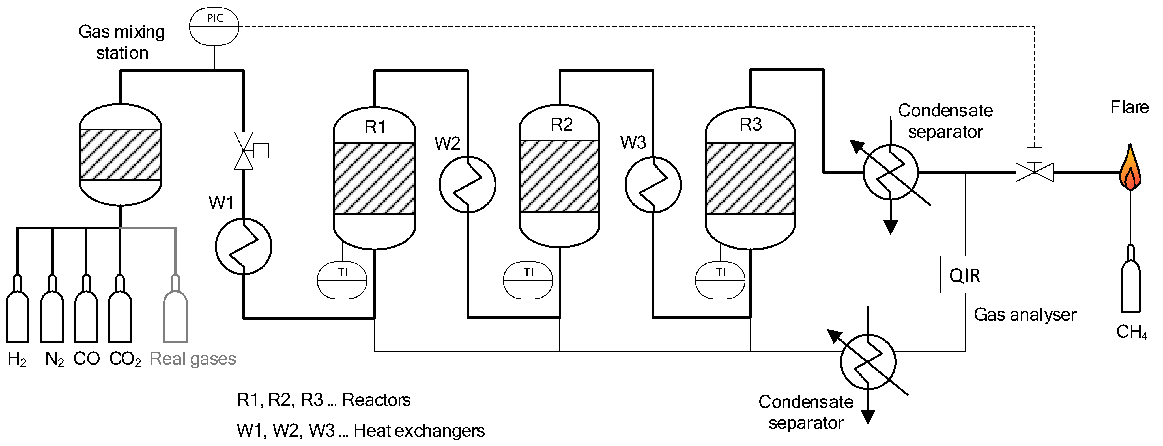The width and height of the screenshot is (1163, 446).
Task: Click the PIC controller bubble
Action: click(214, 27)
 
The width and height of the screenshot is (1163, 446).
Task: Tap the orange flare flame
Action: click(1130, 169)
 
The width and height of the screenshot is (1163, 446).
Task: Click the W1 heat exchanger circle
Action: click(243, 246)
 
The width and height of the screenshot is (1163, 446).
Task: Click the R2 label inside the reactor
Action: click(561, 124)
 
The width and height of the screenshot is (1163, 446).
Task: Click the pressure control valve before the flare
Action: click(1034, 172)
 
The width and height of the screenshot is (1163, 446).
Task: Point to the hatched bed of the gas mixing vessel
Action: click(120, 155)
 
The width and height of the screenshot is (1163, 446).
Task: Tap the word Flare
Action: click(1129, 107)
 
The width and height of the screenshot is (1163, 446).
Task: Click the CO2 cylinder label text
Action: click(125, 359)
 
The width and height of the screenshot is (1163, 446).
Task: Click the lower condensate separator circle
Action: click(868, 362)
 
